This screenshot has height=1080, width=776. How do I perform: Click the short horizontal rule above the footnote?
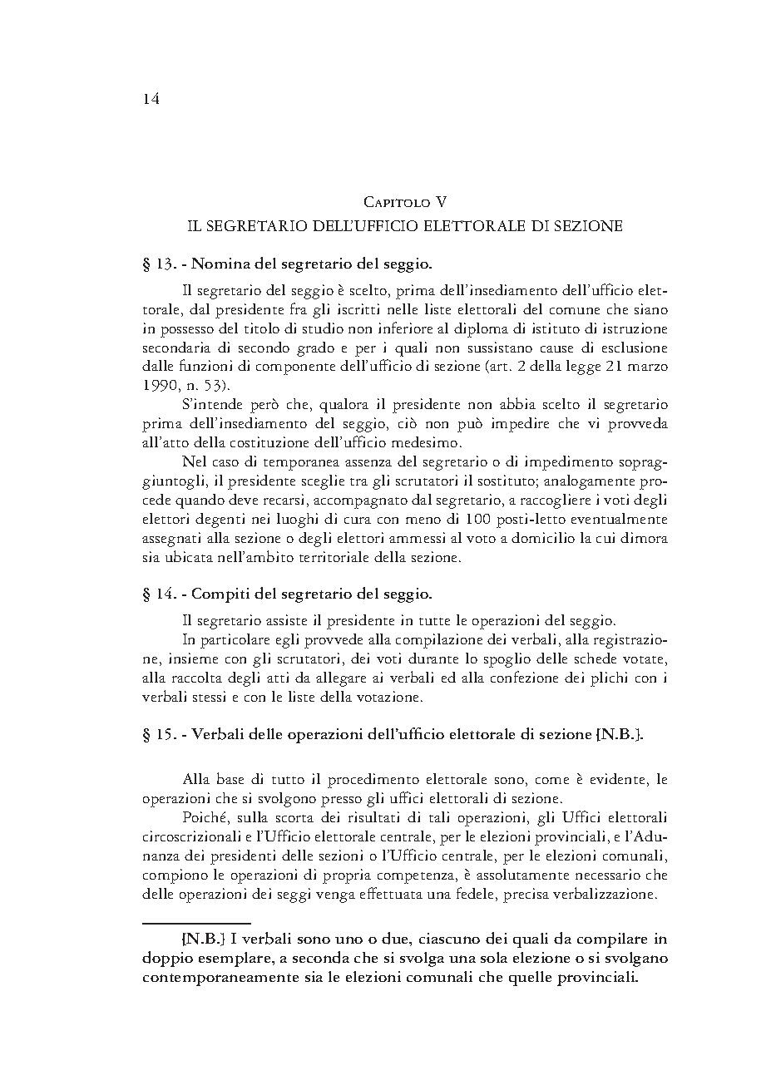pos(196,922)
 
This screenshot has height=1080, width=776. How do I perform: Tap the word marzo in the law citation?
pos(645,366)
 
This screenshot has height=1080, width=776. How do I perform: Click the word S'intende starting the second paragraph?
pos(210,405)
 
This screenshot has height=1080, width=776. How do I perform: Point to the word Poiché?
pos(203,818)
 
